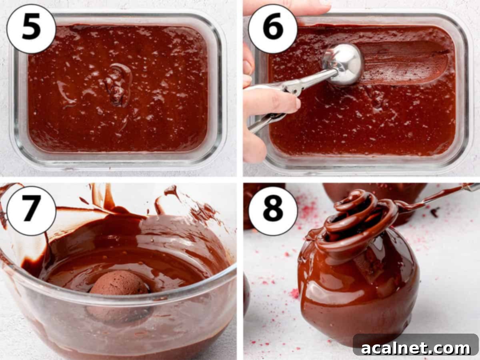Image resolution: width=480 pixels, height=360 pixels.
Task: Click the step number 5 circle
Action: (x=31, y=28)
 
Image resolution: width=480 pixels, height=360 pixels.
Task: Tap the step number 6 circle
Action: (x=273, y=28)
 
